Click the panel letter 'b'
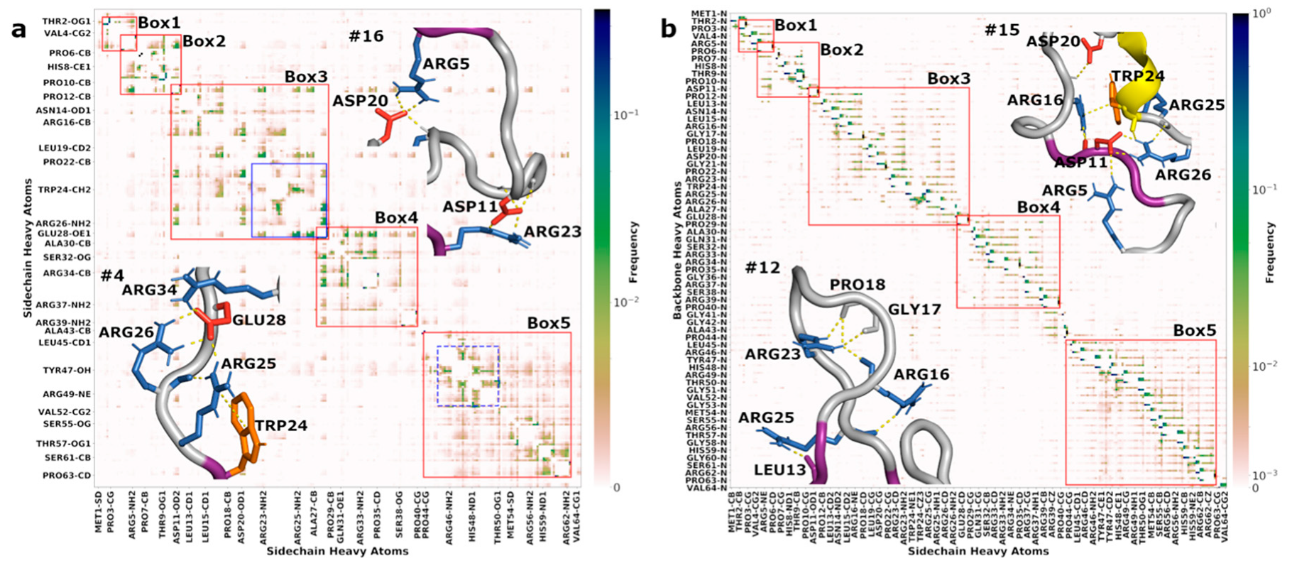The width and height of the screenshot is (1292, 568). [x=668, y=28]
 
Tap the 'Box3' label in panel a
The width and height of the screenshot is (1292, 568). [x=306, y=76]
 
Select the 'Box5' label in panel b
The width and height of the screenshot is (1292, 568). [x=1194, y=330]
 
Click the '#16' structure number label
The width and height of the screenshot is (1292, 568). [x=366, y=35]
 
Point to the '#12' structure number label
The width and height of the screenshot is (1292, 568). [x=762, y=268]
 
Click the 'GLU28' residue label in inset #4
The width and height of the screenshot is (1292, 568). [x=259, y=320]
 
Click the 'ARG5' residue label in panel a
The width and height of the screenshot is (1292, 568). [x=446, y=64]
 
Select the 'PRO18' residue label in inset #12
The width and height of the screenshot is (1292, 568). [x=858, y=285]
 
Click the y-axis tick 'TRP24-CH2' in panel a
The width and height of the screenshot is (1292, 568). [x=65, y=190]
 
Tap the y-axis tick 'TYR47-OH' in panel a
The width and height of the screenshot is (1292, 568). [x=67, y=370]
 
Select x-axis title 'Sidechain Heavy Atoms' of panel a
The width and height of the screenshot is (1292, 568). [x=337, y=551]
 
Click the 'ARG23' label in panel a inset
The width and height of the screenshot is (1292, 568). [x=552, y=231]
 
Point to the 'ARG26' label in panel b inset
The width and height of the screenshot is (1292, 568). [x=1183, y=175]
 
